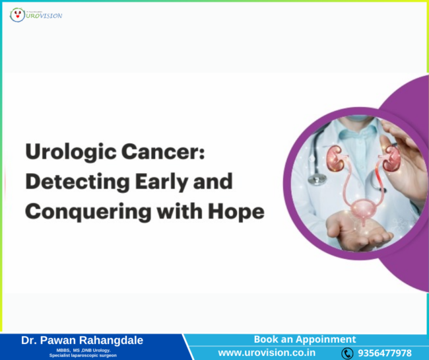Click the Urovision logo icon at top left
tap(17, 14)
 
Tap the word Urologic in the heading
tap(68, 153)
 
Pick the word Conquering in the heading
tap(84, 211)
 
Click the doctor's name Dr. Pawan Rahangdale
tap(82, 340)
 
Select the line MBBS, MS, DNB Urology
tap(82, 350)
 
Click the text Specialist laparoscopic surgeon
tap(82, 356)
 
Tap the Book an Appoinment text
tap(305, 339)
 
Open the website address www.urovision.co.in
tap(266, 353)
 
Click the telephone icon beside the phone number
tap(347, 353)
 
